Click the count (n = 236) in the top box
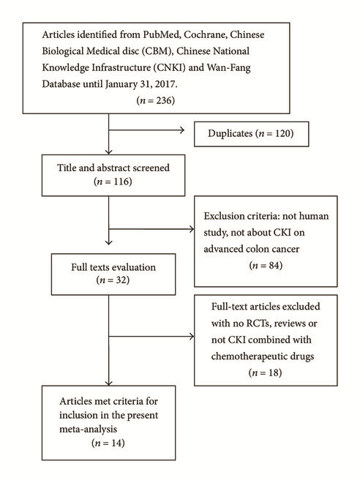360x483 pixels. tap(156, 100)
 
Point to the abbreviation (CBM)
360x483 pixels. tap(157, 50)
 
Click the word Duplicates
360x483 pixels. tap(230, 133)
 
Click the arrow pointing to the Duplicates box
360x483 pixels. tap(146, 130)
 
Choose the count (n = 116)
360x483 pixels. tap(113, 181)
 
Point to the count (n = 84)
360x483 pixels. tap(266, 265)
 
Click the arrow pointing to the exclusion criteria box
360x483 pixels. tap(151, 229)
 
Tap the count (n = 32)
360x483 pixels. tap(113, 280)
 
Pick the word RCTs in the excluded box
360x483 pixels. tap(258, 323)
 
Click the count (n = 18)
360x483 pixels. tap(265, 372)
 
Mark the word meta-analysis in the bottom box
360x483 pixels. tap(88, 429)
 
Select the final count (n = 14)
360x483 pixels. tap(108, 443)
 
